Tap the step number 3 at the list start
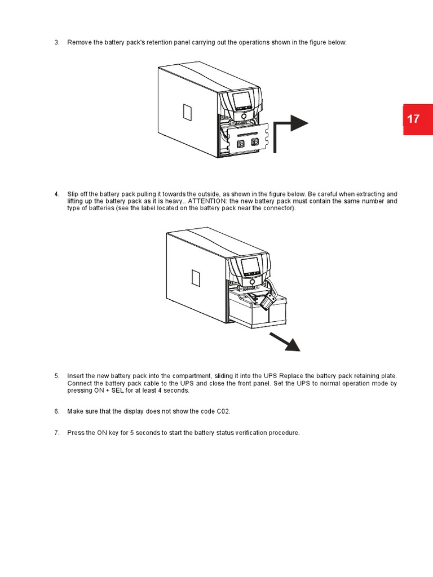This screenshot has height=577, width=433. click(x=56, y=43)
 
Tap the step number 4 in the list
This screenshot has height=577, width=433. click(x=56, y=194)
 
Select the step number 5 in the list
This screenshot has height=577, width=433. click(x=56, y=376)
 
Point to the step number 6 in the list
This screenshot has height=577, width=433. click(x=56, y=411)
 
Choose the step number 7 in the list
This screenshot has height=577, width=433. click(x=56, y=433)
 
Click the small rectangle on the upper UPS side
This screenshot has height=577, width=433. click(x=188, y=112)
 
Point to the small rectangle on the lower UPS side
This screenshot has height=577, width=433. click(x=196, y=277)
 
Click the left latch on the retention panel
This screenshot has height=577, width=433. click(x=241, y=143)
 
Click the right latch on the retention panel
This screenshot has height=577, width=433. click(x=254, y=143)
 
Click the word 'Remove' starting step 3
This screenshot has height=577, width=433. click(x=78, y=43)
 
